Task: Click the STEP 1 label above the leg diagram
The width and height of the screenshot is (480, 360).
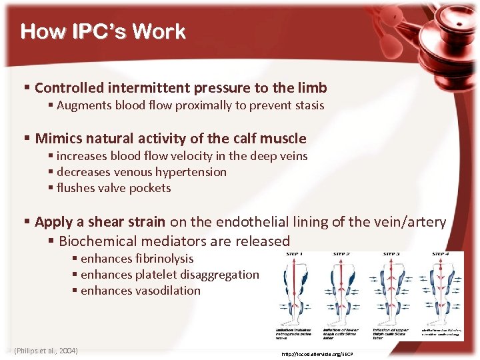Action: point(294,254)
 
